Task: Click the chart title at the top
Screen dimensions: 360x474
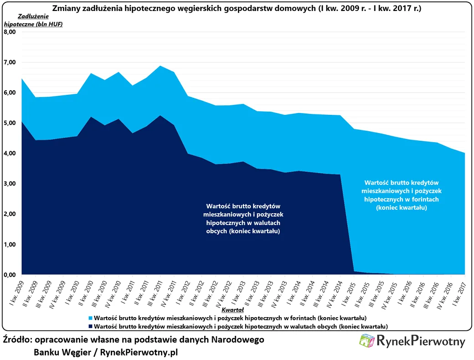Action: tap(237, 9)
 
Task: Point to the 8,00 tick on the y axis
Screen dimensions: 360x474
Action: tap(10, 32)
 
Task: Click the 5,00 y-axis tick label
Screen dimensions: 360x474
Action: tap(10, 123)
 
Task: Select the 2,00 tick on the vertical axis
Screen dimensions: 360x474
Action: tap(10, 214)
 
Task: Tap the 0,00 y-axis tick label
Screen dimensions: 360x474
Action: tap(10, 275)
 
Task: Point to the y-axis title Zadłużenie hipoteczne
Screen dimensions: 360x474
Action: tap(33, 21)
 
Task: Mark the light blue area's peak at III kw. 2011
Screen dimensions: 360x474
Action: tap(160, 66)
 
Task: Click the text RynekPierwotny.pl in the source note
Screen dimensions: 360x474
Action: tap(139, 352)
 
